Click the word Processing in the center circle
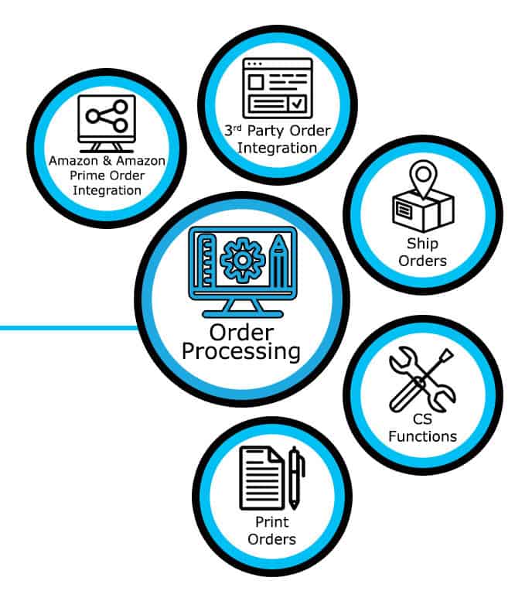(241, 351)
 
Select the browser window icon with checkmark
(277, 87)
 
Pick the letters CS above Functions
(422, 420)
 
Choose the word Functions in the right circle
(422, 436)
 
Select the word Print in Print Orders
(271, 523)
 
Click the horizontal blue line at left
(70, 328)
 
